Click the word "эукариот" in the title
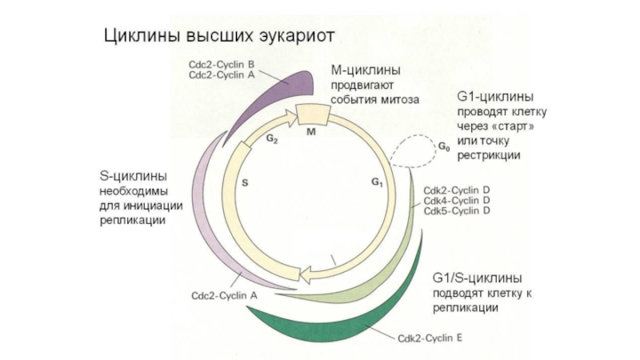pyautogui.click(x=292, y=36)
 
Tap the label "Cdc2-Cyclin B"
pyautogui.click(x=222, y=63)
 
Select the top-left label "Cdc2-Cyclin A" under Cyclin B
pyautogui.click(x=222, y=74)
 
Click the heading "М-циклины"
pyautogui.click(x=366, y=72)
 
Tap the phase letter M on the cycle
pyautogui.click(x=312, y=130)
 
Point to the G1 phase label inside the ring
pyautogui.click(x=377, y=182)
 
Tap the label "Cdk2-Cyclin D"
pyautogui.click(x=456, y=190)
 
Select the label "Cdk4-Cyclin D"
pyautogui.click(x=456, y=200)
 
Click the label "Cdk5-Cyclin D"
pyautogui.click(x=456, y=210)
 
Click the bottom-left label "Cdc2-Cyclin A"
pyautogui.click(x=224, y=294)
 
